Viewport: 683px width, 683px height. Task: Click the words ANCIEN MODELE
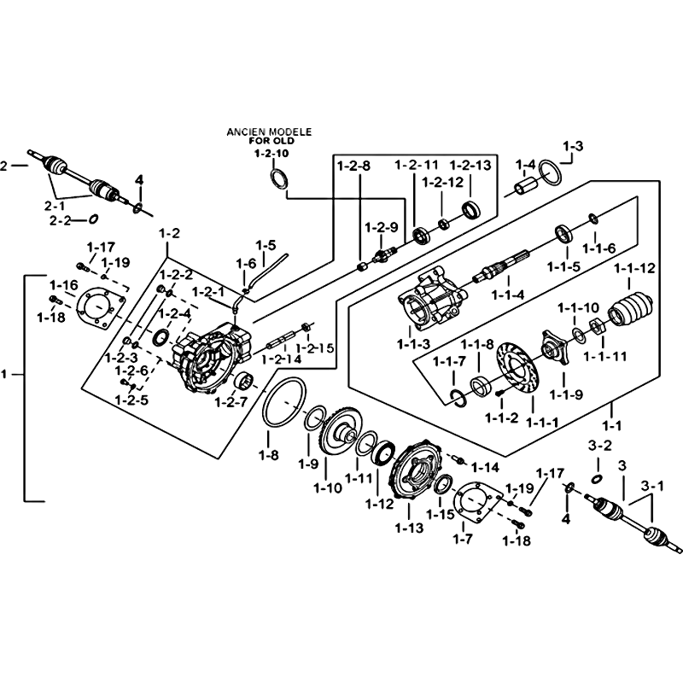tap(268, 132)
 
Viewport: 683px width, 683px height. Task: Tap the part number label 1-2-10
tap(271, 154)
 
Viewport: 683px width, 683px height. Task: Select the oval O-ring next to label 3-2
tap(597, 476)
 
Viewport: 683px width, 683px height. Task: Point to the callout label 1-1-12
tap(634, 268)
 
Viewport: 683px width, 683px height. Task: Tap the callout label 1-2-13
tap(470, 164)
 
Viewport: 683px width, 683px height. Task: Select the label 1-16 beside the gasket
tap(62, 284)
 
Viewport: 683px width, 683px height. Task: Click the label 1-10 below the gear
tap(327, 488)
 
